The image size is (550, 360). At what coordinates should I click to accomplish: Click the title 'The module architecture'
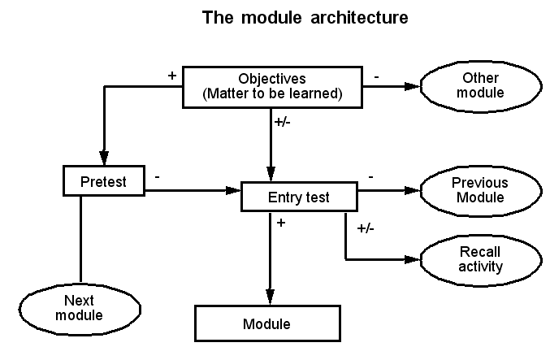[305, 18]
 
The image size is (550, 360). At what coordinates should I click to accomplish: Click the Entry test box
[300, 197]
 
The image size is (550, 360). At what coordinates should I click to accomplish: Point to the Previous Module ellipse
[480, 190]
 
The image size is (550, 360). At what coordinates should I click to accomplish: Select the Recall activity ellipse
[480, 259]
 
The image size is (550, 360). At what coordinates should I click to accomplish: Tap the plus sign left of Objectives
[171, 76]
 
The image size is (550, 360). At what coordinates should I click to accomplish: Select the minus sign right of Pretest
[156, 175]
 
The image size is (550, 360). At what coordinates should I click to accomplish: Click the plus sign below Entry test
[281, 222]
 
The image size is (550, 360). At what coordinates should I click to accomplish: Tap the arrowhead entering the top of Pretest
[103, 158]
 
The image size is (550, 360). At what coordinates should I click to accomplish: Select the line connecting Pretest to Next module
[81, 239]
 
